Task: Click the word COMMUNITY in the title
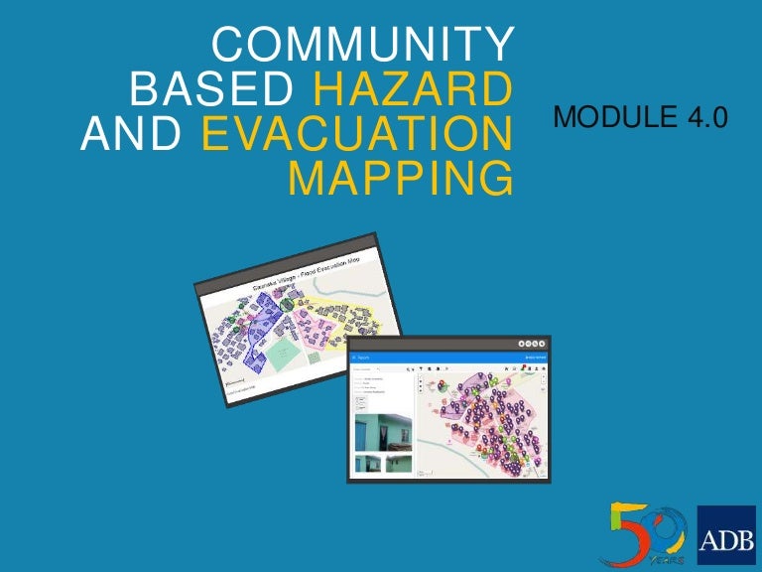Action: tap(363, 47)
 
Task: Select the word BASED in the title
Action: tap(211, 91)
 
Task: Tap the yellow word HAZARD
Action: tap(413, 91)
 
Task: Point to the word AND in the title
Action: tap(128, 136)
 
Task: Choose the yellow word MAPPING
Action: tap(401, 181)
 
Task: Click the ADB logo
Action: tap(726, 535)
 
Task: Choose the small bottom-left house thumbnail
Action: tap(369, 464)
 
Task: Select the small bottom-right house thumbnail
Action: tap(399, 464)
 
